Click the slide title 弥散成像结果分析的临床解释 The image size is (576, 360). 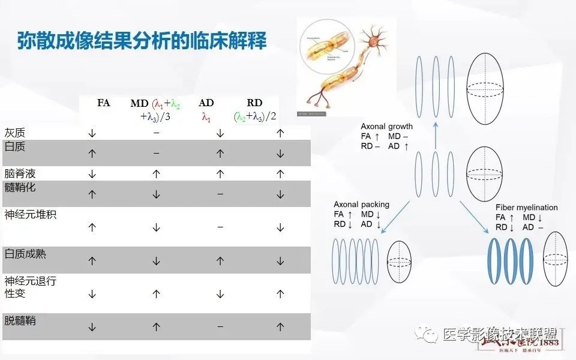click(142, 41)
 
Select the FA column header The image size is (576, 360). click(104, 103)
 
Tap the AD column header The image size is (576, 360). click(206, 103)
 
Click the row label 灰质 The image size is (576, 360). click(15, 133)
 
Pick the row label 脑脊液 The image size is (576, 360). click(20, 173)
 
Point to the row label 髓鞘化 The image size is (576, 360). click(20, 188)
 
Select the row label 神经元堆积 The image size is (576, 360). click(30, 214)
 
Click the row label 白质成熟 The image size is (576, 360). click(25, 254)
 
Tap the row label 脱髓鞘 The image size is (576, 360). click(20, 320)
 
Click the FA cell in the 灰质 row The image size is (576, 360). click(92, 133)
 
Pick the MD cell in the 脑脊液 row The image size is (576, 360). click(156, 174)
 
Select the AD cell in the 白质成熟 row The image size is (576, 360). click(220, 261)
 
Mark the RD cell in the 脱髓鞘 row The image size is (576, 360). click(280, 327)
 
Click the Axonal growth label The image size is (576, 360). click(386, 127)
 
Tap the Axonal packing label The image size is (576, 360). click(361, 205)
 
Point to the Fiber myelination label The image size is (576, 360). click(526, 208)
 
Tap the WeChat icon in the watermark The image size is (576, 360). click(429, 335)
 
